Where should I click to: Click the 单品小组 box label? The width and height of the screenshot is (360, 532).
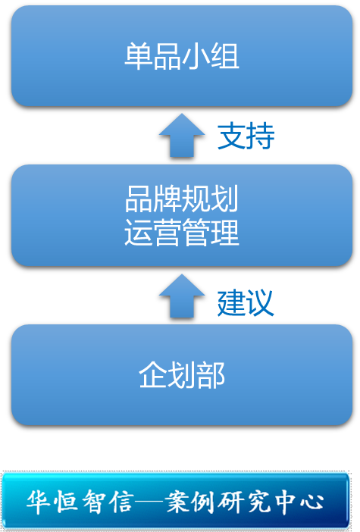tap(182, 56)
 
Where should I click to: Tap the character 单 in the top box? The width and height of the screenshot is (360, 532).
tap(139, 56)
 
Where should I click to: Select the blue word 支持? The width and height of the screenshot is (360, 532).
tap(246, 136)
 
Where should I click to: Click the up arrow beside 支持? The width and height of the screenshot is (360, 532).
tap(182, 135)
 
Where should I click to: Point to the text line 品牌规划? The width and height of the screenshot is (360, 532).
tap(182, 199)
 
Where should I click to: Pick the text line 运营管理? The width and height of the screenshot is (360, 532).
tap(182, 233)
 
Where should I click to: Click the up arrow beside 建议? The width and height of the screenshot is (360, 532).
tap(182, 296)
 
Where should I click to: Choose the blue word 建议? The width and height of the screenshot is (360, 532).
tap(246, 302)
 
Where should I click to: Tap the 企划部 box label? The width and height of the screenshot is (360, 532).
tap(182, 374)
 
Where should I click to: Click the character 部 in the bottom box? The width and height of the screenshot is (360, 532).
tap(211, 374)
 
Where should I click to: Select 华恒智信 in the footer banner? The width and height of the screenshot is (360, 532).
tap(80, 502)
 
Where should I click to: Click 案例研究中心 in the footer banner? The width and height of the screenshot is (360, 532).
tap(244, 502)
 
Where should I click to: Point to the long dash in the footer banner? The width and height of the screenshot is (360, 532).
tap(149, 501)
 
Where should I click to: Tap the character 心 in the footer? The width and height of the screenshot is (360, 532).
tap(311, 502)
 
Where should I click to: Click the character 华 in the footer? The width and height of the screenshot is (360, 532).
tap(39, 502)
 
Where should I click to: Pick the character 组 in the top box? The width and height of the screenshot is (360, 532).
tap(225, 56)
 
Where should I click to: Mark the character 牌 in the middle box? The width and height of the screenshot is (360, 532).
tap(167, 199)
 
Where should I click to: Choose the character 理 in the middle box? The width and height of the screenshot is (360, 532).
tap(225, 233)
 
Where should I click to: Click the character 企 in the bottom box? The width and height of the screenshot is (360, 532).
tap(152, 374)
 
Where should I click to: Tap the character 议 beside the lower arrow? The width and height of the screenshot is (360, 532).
tap(260, 302)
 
